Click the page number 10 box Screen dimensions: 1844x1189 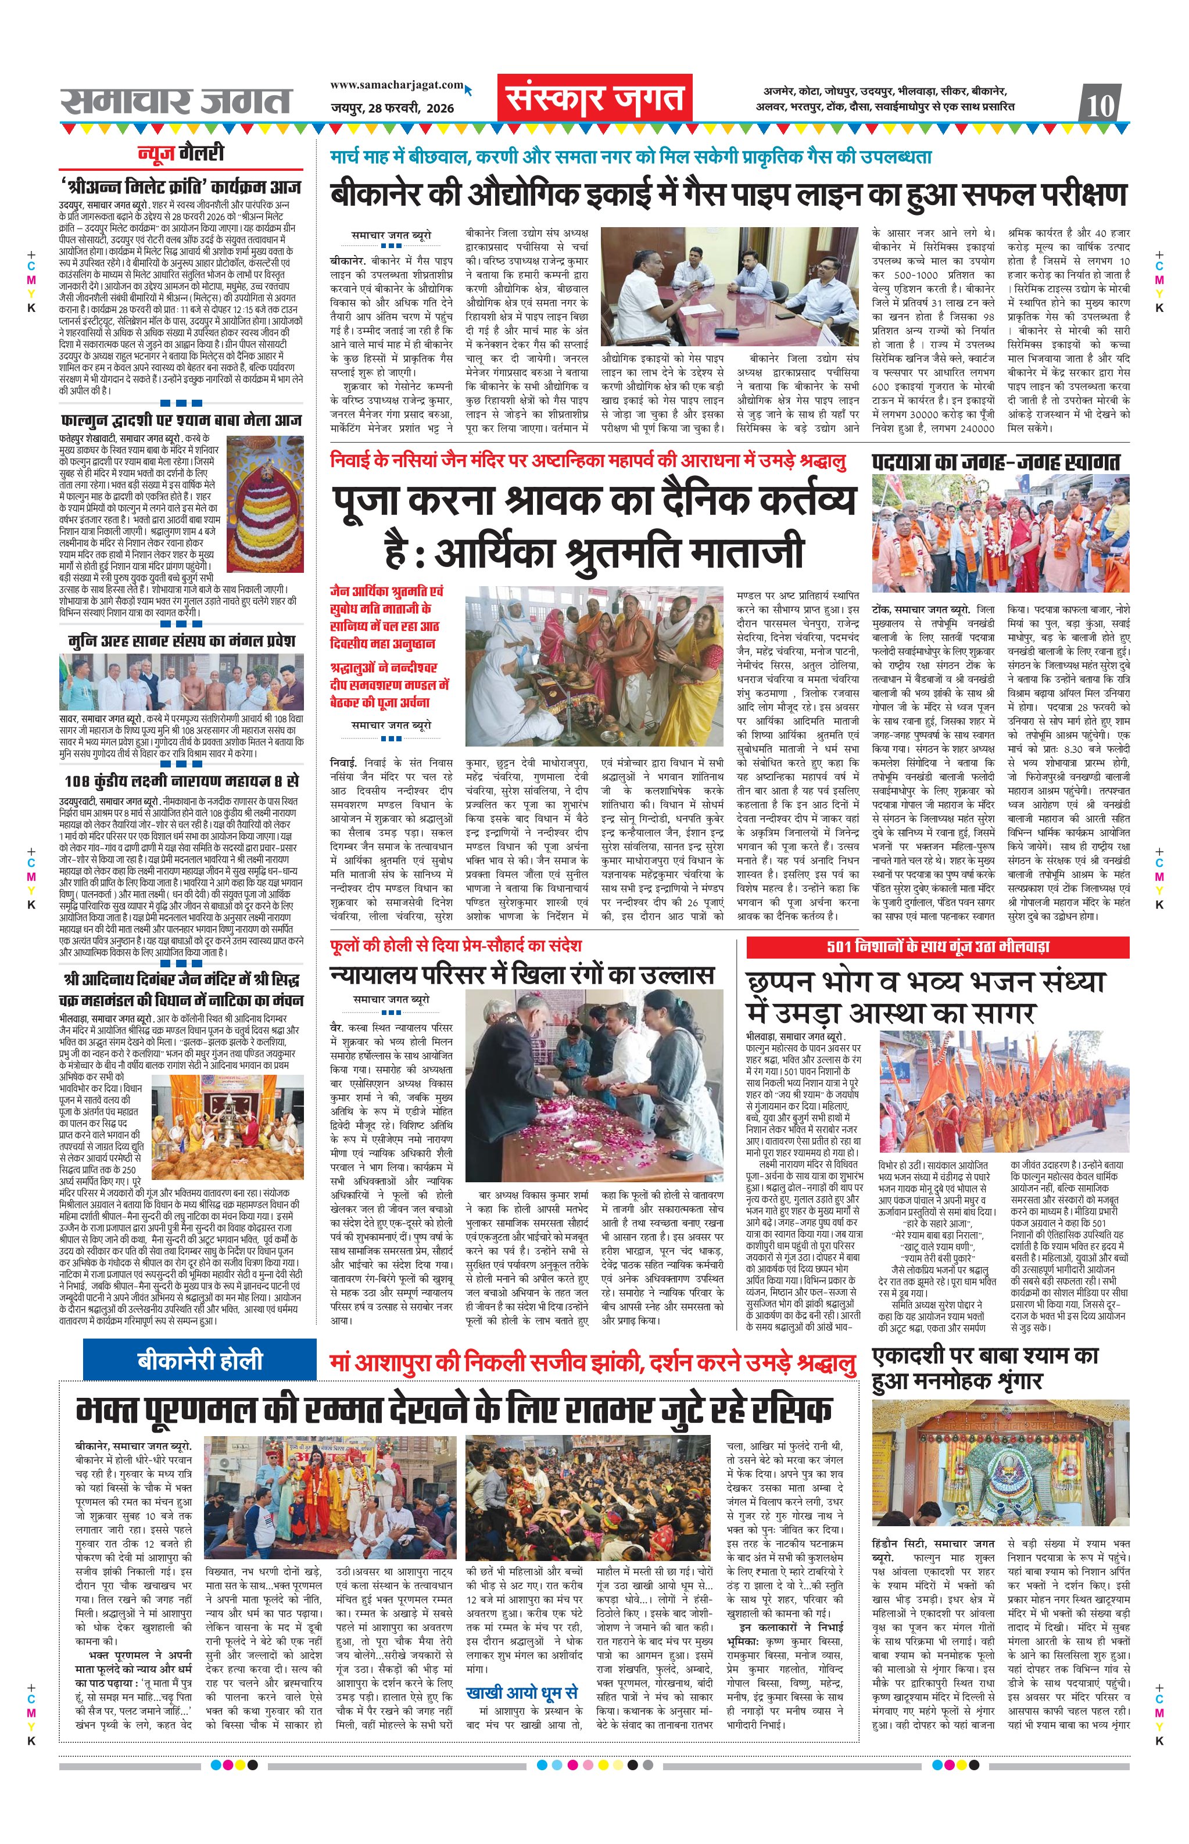tap(1101, 103)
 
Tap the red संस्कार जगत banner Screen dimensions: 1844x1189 tap(594, 99)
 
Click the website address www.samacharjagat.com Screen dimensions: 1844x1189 tap(397, 85)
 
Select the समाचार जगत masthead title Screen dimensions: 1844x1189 tap(177, 101)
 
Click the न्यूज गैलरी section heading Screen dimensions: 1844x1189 tap(181, 153)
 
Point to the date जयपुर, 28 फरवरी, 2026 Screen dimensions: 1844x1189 tap(392, 108)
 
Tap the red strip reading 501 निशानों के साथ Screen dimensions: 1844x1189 tap(937, 946)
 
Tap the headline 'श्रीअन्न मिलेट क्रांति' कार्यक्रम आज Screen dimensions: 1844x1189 tap(181, 187)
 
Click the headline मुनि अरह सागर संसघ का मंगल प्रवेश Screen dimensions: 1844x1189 tap(181, 641)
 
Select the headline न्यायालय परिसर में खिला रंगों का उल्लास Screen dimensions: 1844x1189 tap(521, 975)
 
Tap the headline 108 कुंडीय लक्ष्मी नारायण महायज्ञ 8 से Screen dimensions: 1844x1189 tap(181, 782)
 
